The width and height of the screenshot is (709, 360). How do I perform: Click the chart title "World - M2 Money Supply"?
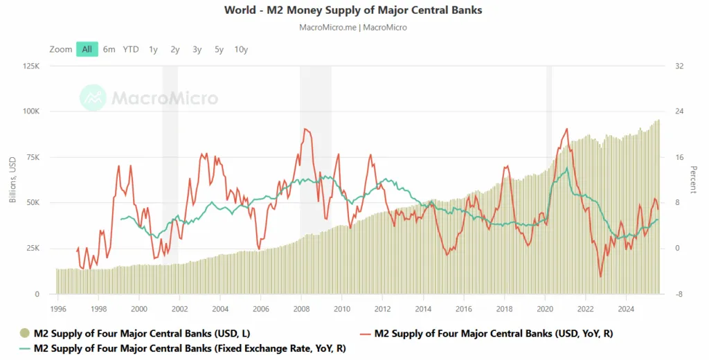354,10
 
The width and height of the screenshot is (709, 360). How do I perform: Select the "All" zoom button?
87,49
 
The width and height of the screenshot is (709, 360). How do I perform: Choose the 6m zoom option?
109,49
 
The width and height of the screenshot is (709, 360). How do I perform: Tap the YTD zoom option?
131,49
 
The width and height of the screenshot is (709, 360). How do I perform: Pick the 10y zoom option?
241,49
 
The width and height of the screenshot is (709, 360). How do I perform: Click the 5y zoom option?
219,49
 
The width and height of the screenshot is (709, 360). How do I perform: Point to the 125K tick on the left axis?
32,66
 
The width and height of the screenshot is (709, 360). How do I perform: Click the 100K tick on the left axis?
32,111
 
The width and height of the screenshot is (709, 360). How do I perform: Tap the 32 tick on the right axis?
679,66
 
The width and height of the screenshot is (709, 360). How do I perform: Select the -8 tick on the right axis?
679,294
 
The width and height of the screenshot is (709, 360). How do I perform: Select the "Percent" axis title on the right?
693,180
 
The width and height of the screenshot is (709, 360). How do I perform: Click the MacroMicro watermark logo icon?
93,98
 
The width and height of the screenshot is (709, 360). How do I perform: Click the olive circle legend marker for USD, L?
25,334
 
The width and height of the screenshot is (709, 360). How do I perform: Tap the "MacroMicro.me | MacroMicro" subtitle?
353,28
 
